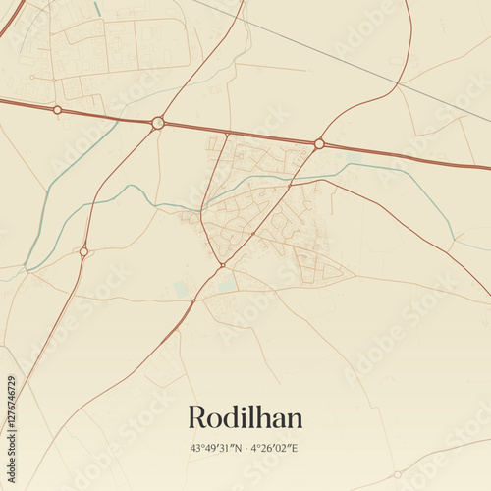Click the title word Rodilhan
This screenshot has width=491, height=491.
click(245, 417)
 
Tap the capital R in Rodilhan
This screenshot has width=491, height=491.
click(197, 417)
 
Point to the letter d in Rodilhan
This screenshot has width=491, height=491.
click(232, 417)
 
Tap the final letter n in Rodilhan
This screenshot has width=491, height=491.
click(295, 420)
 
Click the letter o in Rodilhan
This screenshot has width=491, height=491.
click(216, 420)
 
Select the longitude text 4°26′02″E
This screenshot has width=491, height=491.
click(274, 449)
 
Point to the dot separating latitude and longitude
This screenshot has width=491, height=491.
click(245, 449)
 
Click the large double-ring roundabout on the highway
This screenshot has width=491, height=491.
click(158, 123)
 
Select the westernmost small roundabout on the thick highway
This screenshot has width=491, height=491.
click(57, 109)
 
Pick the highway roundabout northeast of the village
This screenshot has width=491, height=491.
click(319, 143)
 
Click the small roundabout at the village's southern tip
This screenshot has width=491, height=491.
click(223, 265)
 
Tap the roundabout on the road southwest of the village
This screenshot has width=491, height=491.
click(83, 251)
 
